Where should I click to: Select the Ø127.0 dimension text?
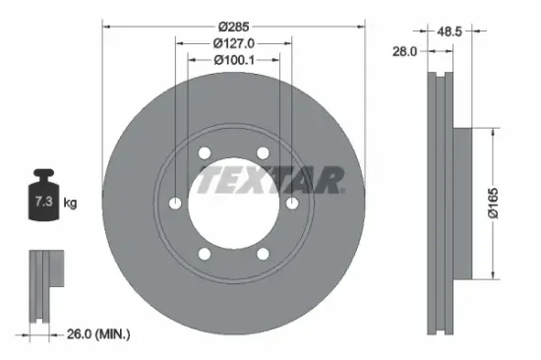click(x=233, y=42)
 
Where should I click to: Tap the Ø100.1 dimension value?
click(x=233, y=61)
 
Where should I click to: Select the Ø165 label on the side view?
click(x=503, y=204)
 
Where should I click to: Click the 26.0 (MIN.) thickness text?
click(x=95, y=335)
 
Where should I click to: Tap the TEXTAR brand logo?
click(x=270, y=180)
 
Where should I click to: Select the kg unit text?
click(x=71, y=203)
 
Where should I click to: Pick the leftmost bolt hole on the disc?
click(x=175, y=203)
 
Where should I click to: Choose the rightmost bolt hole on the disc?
click(x=292, y=203)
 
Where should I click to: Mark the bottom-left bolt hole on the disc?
click(x=204, y=254)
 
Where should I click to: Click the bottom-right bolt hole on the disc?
click(x=263, y=254)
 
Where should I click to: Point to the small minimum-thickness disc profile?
click(x=41, y=286)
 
